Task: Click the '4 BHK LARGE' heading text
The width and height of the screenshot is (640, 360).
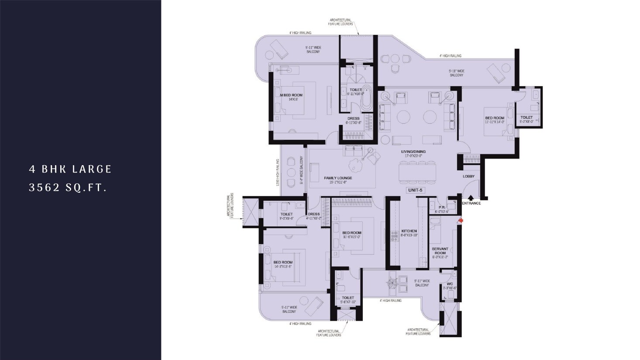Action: tap(70, 169)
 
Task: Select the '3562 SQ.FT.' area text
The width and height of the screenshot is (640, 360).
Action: tap(68, 188)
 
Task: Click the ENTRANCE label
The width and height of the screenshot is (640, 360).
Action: tap(471, 203)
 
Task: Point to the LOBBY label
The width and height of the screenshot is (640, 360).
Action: tap(468, 177)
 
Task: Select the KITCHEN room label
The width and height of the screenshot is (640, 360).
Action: tap(409, 231)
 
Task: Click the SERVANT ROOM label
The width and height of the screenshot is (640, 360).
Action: tap(440, 251)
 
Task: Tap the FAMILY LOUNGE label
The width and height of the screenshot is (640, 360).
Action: tap(338, 178)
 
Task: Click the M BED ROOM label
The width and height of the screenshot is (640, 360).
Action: tap(291, 95)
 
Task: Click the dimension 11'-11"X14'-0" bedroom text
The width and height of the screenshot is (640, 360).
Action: tap(495, 122)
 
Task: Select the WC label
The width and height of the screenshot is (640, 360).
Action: tap(450, 284)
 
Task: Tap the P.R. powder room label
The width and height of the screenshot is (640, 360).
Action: tap(441, 208)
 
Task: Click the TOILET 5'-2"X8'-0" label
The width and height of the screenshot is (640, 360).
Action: tap(526, 118)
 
